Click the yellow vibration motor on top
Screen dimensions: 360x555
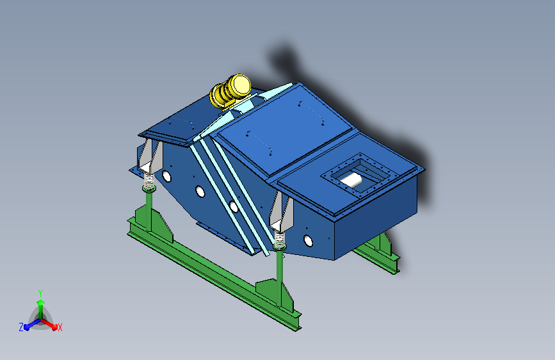(230, 90)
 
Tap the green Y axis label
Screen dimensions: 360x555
(40, 292)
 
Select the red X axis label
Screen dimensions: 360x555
(60, 327)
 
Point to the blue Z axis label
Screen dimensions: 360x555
(21, 327)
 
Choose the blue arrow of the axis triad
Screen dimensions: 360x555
(29, 325)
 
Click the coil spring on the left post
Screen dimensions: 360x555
(149, 184)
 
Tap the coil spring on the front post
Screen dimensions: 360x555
(280, 241)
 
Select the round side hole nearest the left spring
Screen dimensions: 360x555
(166, 175)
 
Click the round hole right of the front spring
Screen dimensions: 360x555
(309, 240)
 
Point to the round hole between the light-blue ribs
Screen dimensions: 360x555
(234, 206)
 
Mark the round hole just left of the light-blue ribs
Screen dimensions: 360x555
(200, 191)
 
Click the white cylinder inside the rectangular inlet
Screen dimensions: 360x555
(351, 181)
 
